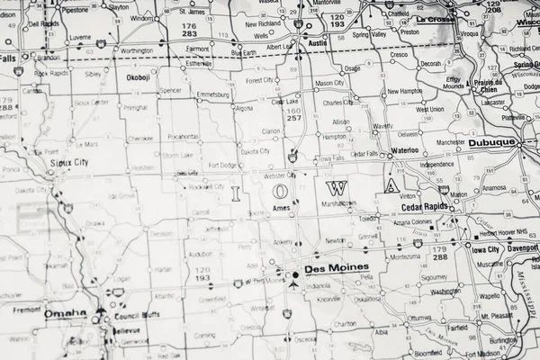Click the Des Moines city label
pos(332,268)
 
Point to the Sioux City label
pos(68,163)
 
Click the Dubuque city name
pos(491,142)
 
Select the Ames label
pos(281,208)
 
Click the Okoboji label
pos(138,78)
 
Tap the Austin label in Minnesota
pos(317,42)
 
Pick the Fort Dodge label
pos(222,165)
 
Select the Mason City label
pos(328,84)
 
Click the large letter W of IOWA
pos(337,188)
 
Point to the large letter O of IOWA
pos(282,191)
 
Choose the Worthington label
pos(137,51)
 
